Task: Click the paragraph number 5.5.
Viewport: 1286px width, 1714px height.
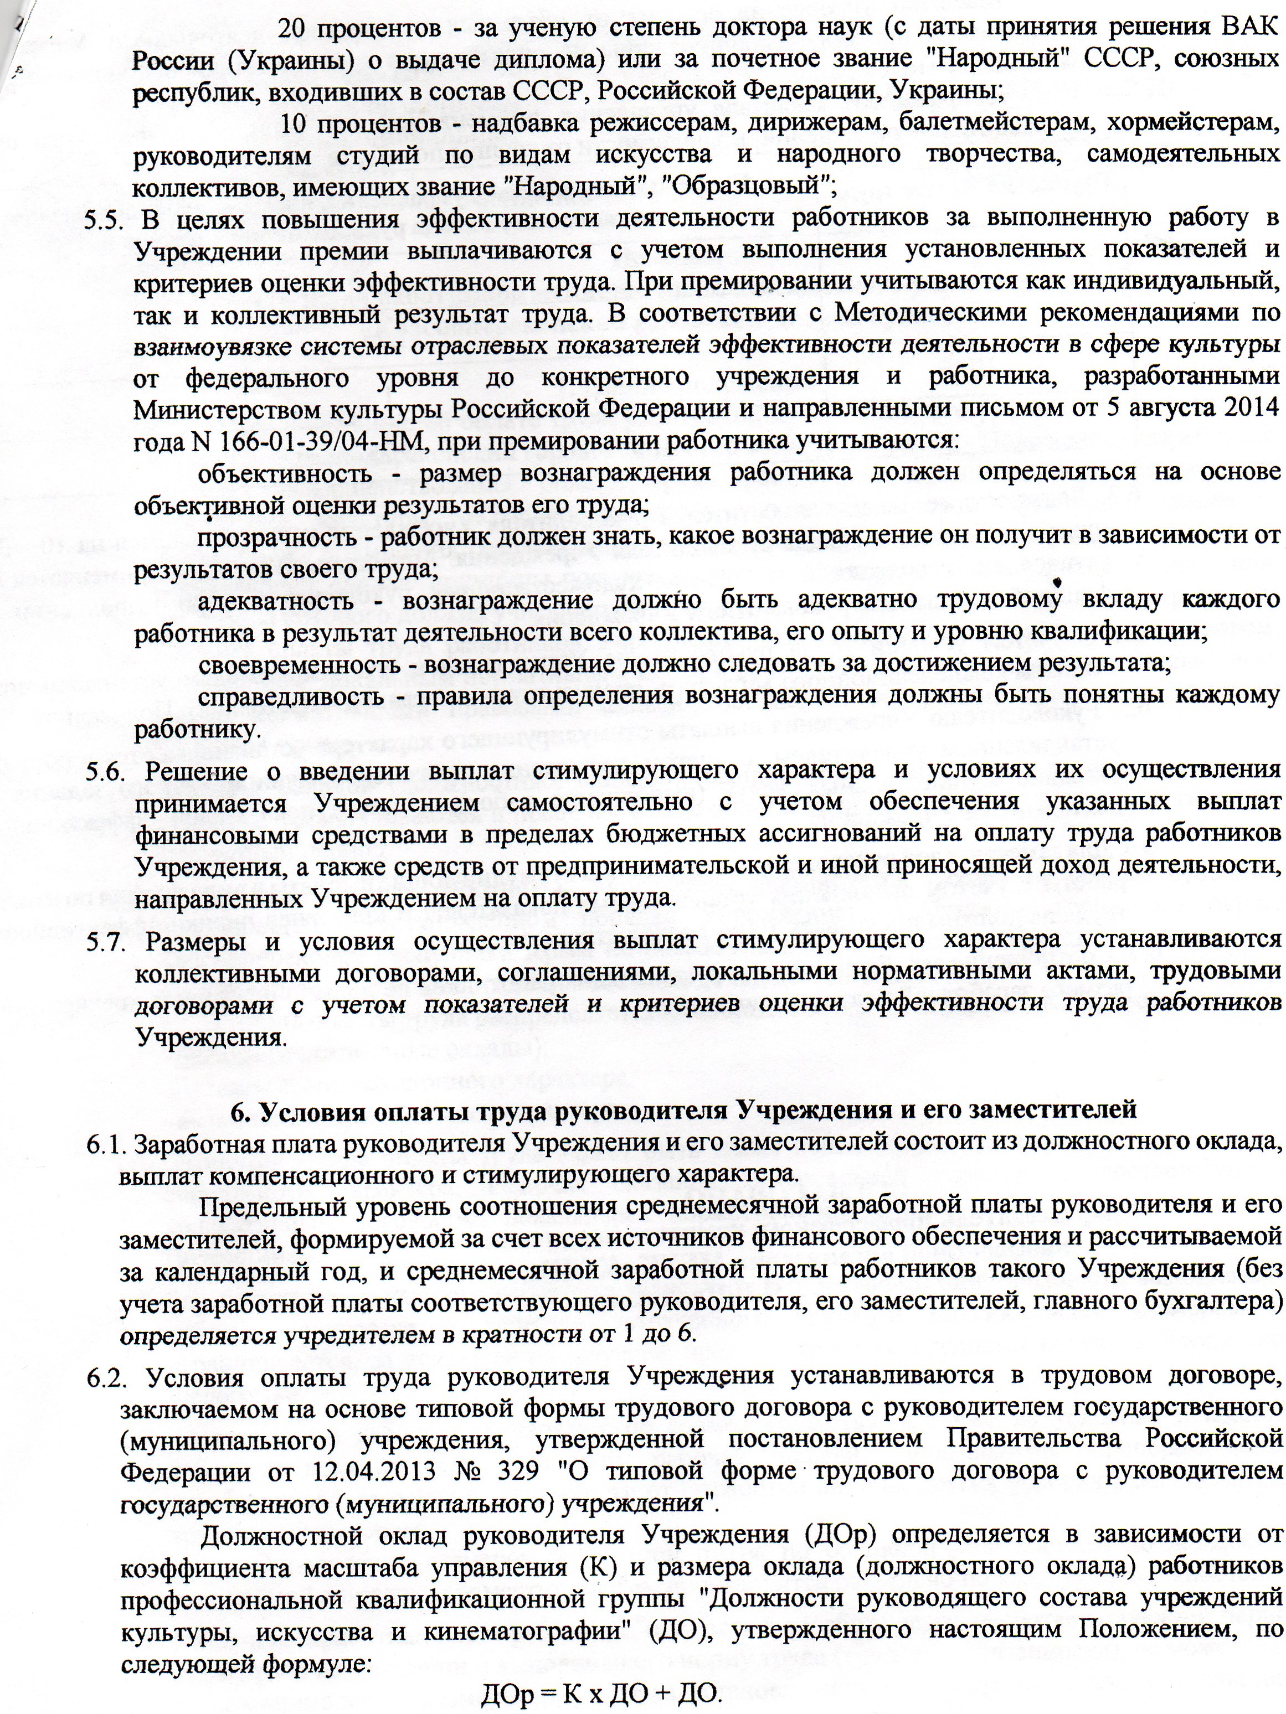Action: click(x=103, y=219)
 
